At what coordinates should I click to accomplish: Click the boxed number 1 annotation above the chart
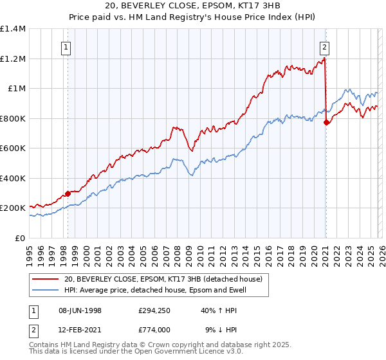tap(67, 46)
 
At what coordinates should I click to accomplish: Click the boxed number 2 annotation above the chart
tap(325, 46)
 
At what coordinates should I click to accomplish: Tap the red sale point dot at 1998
tap(68, 193)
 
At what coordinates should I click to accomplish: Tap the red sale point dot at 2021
tap(326, 122)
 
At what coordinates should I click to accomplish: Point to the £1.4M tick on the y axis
tap(13, 29)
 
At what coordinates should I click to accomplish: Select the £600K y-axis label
tap(13, 148)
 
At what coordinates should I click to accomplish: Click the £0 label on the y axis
tap(20, 238)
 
